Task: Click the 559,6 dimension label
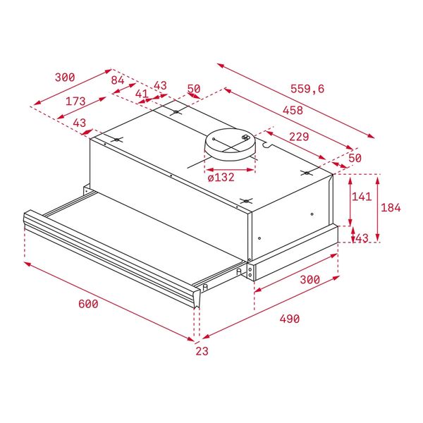coord(307,89)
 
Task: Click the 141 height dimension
coord(360,197)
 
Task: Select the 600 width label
coord(87,304)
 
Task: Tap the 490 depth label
coord(289,319)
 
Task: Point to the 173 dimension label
coord(75,102)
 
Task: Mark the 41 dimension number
coord(142,93)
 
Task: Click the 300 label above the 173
coord(64,77)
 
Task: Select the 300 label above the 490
coord(309,280)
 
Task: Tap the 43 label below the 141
coord(361,238)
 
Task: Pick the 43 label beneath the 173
coord(80,123)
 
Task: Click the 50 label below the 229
coord(355,158)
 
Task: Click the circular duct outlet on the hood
coord(230,143)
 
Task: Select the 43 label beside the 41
coord(160,85)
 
